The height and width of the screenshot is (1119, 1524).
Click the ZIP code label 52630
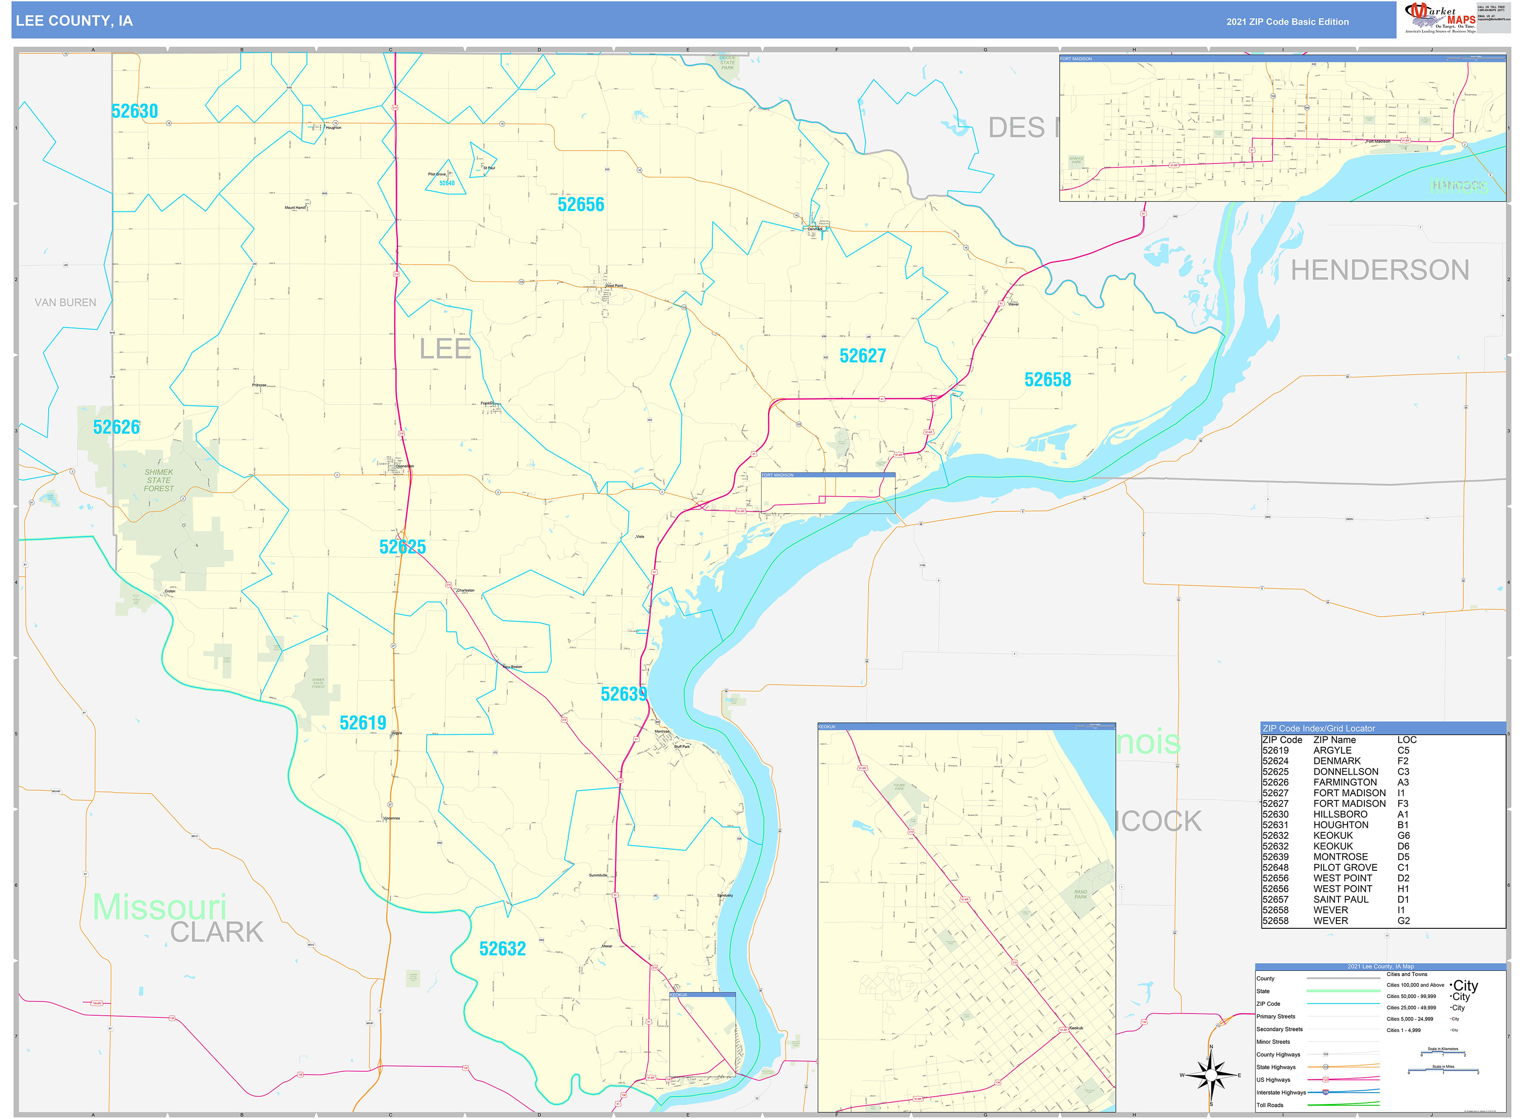135,111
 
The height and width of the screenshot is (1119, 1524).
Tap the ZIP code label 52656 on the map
581,204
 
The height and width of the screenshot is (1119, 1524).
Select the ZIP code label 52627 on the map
862,355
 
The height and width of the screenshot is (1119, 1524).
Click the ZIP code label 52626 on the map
117,427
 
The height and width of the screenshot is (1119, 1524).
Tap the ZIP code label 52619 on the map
362,723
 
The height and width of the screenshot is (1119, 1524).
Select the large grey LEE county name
445,349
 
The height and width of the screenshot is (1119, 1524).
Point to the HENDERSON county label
1379,270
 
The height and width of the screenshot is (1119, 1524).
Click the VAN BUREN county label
66,303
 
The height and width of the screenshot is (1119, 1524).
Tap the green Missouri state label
159,906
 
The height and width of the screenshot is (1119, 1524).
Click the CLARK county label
217,932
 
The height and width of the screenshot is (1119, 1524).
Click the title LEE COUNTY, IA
74,21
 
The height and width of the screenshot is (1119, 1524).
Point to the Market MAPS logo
1439,18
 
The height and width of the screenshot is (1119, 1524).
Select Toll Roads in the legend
1270,1105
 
